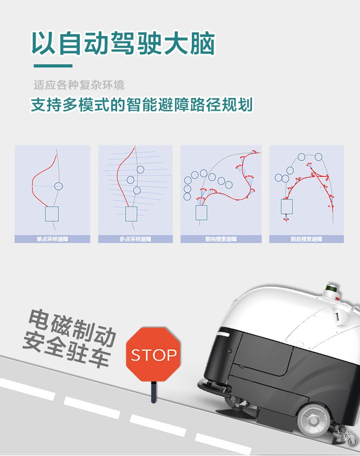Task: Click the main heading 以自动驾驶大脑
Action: coord(123,44)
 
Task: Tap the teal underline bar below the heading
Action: coord(53,66)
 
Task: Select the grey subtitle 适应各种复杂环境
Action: coord(79,85)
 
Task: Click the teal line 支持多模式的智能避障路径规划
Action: coord(142,105)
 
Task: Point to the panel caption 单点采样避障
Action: coord(52,239)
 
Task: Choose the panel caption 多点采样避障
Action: coord(135,239)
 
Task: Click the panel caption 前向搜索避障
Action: coord(221,239)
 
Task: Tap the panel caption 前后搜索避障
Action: coord(306,239)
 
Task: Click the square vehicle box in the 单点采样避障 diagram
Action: coord(52,214)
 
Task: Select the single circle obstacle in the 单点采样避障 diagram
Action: coord(59,186)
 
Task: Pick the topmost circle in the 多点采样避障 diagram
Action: coord(140,169)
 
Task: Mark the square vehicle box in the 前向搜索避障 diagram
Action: coord(201,212)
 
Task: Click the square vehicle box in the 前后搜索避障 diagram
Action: coord(287,207)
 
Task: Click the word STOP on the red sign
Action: coord(154,355)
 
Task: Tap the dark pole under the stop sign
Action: coord(154,393)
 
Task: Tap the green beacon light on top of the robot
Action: coord(330,288)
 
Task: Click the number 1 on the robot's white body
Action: coord(337,316)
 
